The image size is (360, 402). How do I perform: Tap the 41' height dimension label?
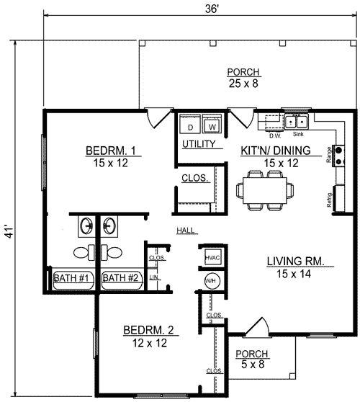pyautogui.click(x=10, y=232)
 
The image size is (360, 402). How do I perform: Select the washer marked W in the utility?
pyautogui.click(x=212, y=124)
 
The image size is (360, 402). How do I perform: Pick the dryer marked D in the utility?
pyautogui.click(x=190, y=124)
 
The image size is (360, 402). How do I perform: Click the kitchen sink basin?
pyautogui.click(x=297, y=122)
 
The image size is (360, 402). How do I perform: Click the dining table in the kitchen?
pyautogui.click(x=265, y=190)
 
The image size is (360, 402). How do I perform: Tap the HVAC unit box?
pyautogui.click(x=212, y=257)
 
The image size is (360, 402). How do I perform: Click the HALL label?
pyautogui.click(x=186, y=230)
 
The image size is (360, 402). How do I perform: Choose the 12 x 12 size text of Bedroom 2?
pyautogui.click(x=150, y=343)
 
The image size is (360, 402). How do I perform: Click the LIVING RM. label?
pyautogui.click(x=296, y=262)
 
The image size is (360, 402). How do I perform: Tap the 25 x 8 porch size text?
pyautogui.click(x=243, y=84)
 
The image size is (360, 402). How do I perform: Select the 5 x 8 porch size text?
pyautogui.click(x=253, y=364)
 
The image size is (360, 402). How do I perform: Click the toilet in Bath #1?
pyautogui.click(x=84, y=252)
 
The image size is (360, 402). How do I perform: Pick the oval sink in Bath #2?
pyautogui.click(x=109, y=225)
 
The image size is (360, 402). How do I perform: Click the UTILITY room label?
pyautogui.click(x=199, y=144)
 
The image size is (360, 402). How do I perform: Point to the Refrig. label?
pyautogui.click(x=329, y=200)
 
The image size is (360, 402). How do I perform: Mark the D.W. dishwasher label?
pyautogui.click(x=275, y=135)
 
